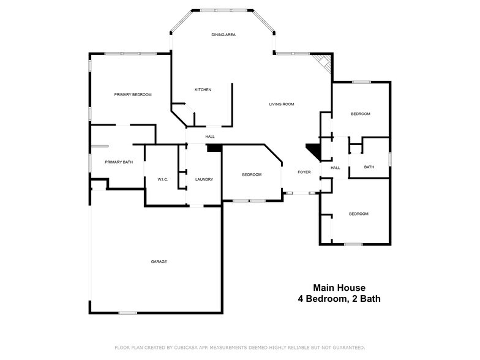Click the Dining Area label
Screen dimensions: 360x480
click(223, 35)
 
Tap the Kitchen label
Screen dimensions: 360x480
click(203, 90)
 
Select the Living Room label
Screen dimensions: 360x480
click(282, 104)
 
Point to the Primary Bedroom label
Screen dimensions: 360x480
click(133, 95)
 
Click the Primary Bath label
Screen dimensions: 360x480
click(119, 162)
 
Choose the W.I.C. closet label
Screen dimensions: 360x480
click(163, 179)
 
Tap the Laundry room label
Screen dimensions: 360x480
click(204, 179)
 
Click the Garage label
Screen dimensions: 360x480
click(159, 261)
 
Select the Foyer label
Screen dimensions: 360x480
click(304, 172)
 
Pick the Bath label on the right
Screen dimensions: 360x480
click(369, 167)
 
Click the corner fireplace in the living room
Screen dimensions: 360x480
click(322, 62)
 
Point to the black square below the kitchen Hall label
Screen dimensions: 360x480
click(214, 148)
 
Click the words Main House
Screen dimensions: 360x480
click(339, 287)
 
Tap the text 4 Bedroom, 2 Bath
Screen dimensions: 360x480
click(339, 299)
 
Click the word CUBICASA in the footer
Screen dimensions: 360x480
click(186, 347)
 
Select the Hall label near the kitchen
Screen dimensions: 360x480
click(210, 137)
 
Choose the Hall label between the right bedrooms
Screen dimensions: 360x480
click(336, 168)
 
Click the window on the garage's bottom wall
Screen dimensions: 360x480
click(128, 313)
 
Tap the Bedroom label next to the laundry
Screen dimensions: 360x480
click(252, 175)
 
